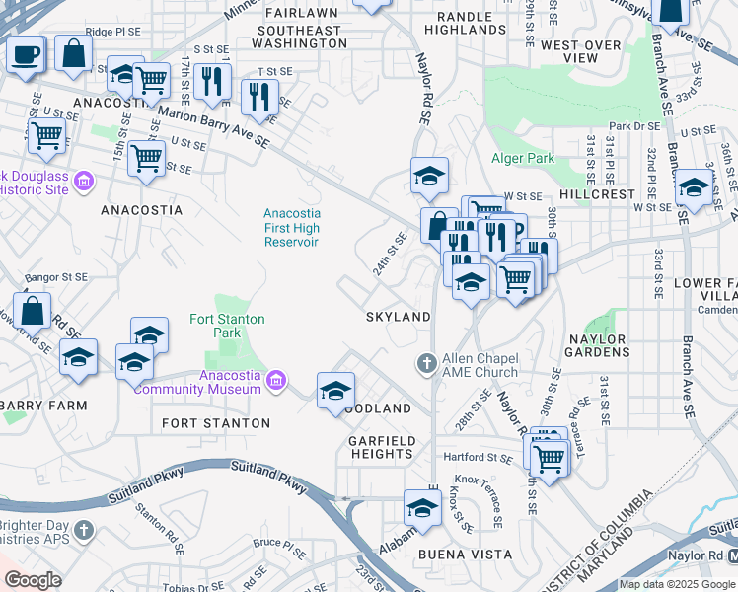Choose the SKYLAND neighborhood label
(398, 317)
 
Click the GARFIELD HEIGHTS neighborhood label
(381, 447)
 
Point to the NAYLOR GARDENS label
(596, 346)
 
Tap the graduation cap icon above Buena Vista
(422, 507)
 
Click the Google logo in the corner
(33, 580)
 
